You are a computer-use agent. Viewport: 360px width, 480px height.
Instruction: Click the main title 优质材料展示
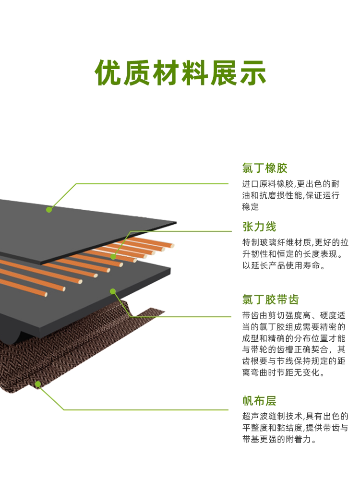(180, 73)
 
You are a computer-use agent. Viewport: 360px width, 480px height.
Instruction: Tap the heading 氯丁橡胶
(264, 168)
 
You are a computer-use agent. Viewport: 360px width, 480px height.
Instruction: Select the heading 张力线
(259, 227)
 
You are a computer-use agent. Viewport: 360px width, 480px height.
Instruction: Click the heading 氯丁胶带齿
(270, 300)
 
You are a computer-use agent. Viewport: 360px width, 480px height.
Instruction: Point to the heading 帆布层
(259, 401)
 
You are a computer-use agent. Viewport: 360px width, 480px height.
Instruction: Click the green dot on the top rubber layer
(49, 209)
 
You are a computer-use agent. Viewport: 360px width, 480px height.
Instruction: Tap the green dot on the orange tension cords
(114, 257)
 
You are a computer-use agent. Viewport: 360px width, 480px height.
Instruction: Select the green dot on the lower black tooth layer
(112, 291)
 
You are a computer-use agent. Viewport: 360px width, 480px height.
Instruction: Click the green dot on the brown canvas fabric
(38, 384)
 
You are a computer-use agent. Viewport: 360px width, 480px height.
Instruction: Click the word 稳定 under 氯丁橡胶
(251, 207)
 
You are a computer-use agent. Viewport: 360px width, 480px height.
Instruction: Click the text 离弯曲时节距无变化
(284, 372)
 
